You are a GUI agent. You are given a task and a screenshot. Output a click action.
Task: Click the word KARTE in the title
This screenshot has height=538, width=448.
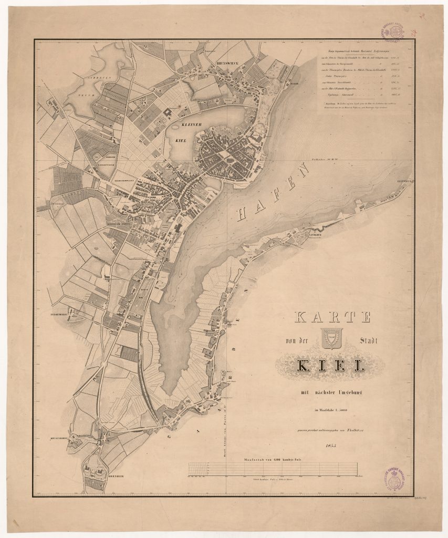click(334, 318)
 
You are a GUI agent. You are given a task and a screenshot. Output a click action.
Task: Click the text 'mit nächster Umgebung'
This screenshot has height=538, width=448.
click(331, 393)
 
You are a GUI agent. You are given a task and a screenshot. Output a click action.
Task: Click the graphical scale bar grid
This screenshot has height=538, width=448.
click(273, 469)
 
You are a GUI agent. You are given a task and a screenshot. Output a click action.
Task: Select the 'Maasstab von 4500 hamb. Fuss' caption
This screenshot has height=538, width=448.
click(273, 459)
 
